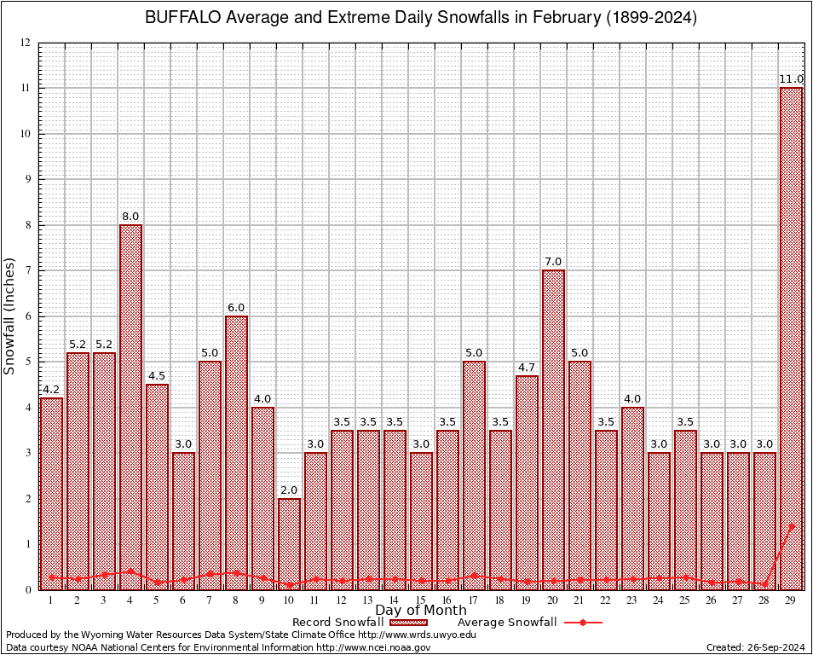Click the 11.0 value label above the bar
pos(792,79)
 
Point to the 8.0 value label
pos(130,217)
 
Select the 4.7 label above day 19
pos(527,368)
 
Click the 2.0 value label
pos(289,490)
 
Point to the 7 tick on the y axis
pos(28,270)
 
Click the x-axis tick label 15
pos(421,600)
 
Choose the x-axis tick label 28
pos(764,600)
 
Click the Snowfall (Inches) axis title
pos(9,316)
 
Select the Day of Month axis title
pos(420,611)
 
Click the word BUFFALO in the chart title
pos(180,18)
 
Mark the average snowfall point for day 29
pos(792,526)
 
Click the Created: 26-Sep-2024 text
pos(755,647)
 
